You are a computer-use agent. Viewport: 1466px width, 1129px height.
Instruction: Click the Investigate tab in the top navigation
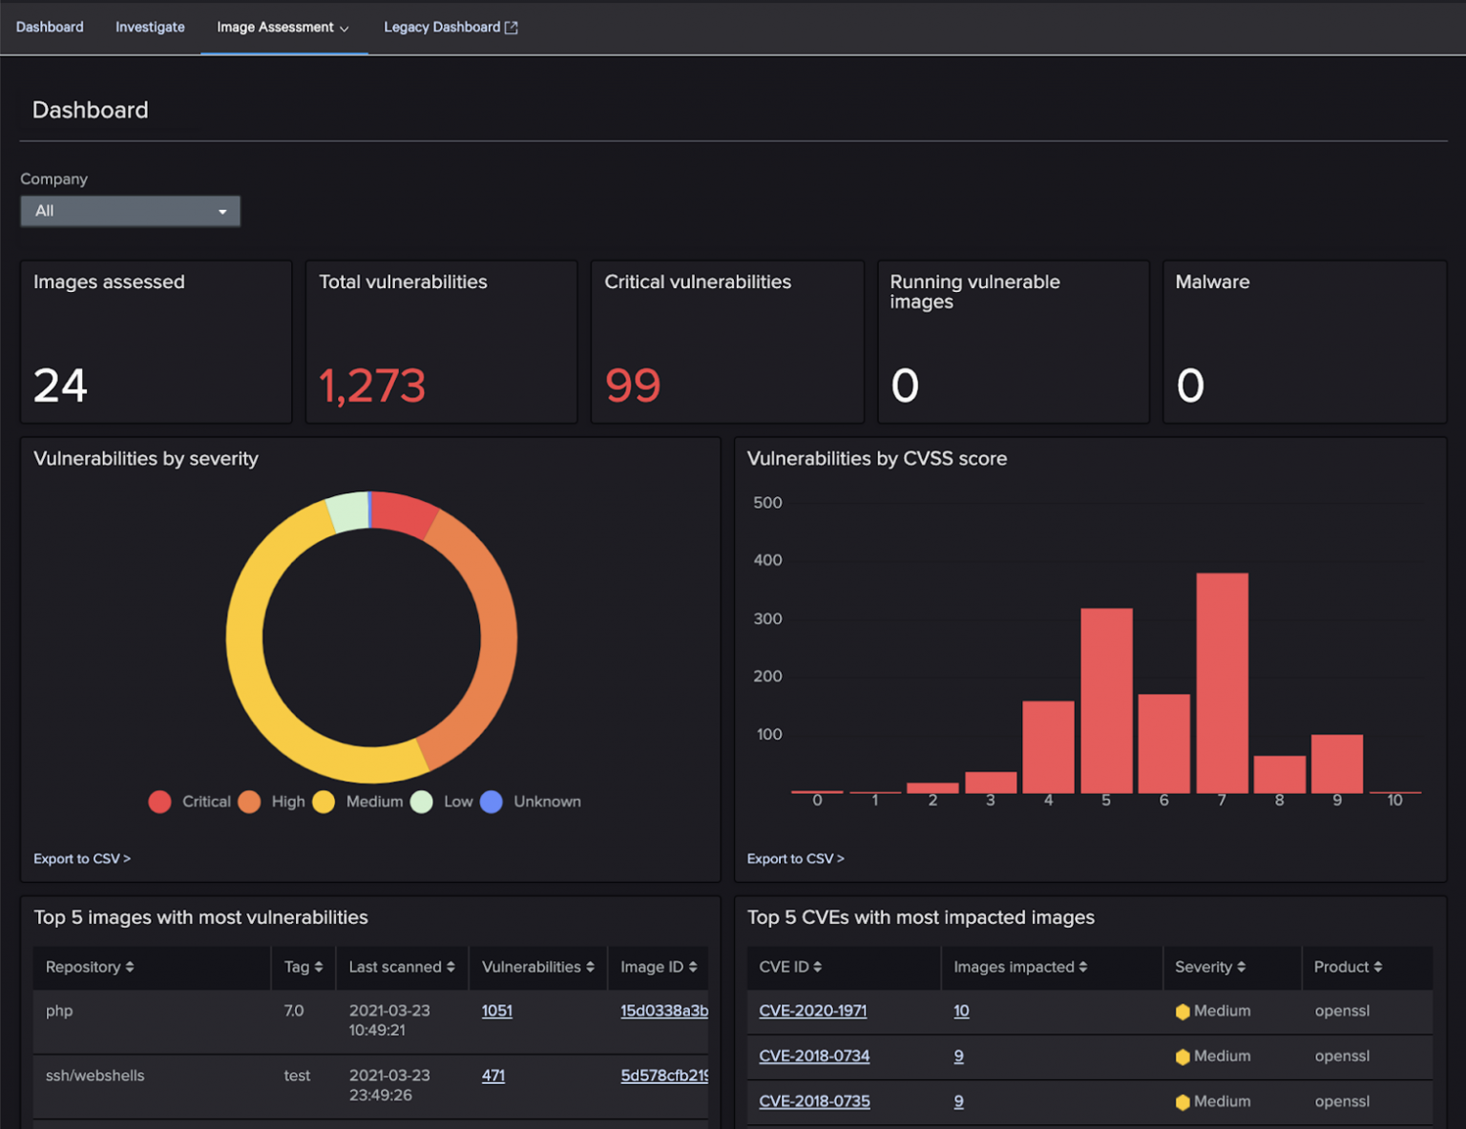pos(150,27)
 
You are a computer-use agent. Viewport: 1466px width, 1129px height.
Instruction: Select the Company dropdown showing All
pos(130,211)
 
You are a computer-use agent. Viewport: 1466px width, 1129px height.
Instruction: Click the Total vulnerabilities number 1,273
pos(371,386)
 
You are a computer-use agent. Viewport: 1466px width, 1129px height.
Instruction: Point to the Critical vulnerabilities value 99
pos(633,386)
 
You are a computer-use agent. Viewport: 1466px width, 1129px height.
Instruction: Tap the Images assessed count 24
pos(60,386)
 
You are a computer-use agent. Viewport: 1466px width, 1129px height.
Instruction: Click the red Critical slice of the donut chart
pos(404,513)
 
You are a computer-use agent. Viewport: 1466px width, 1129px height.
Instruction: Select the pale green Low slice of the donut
pos(348,512)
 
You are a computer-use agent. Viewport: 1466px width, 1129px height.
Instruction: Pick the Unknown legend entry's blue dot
pos(492,802)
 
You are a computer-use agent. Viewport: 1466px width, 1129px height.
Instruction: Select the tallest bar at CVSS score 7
pos(1222,682)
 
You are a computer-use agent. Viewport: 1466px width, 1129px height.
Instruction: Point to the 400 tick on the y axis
pos(767,560)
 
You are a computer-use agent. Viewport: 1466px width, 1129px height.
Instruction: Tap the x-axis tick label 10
pos(1394,801)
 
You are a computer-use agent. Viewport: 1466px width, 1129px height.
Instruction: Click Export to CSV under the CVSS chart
pos(795,859)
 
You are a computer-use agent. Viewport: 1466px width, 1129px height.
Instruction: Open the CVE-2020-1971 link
pos(812,1011)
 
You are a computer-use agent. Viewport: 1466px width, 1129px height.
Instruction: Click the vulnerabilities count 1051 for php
pos(496,1011)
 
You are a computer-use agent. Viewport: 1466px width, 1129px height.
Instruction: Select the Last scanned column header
pos(401,967)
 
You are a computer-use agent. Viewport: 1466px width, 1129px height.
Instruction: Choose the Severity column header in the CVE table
pos(1209,967)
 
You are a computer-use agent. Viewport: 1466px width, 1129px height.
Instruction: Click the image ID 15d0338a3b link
pos(663,1011)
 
